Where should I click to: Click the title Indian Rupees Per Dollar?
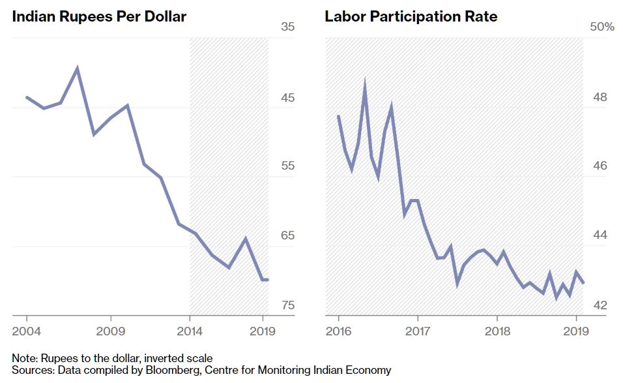(x=99, y=17)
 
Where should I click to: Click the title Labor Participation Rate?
(x=411, y=17)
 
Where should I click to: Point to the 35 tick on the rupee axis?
(x=288, y=27)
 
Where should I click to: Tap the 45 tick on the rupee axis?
(x=288, y=98)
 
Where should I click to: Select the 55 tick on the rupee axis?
(x=288, y=166)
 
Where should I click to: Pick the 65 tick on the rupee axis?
(x=288, y=236)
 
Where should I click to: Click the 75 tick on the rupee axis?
(x=288, y=305)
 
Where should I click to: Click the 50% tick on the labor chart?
(x=601, y=27)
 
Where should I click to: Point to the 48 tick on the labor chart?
(x=600, y=98)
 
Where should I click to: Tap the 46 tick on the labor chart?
(x=600, y=166)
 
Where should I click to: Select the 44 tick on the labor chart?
(x=600, y=236)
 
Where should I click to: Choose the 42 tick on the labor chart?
(x=600, y=305)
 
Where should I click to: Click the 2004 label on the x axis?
(x=26, y=331)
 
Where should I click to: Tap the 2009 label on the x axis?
(x=110, y=331)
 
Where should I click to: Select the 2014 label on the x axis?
(x=190, y=331)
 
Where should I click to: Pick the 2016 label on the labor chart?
(x=339, y=331)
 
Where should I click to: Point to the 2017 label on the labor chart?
(x=418, y=331)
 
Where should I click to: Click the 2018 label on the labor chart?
(x=497, y=331)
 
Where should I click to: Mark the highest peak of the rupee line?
(x=78, y=68)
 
